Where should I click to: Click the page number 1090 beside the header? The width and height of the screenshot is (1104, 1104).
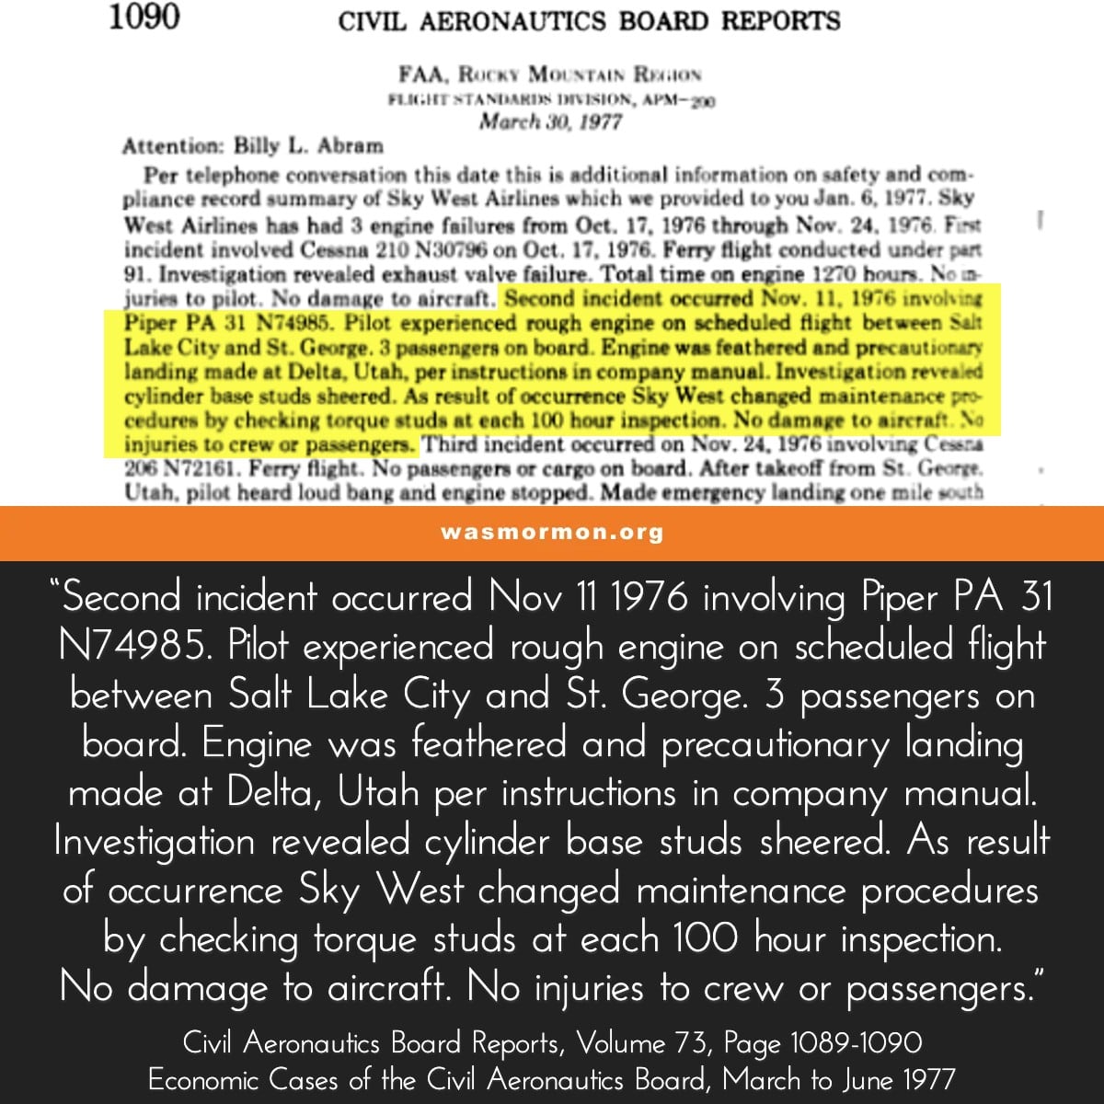[144, 17]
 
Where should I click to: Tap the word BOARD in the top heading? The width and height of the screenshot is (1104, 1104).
[664, 21]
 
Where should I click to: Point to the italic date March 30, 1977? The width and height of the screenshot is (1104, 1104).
[550, 122]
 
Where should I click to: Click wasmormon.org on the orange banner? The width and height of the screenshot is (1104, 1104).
[552, 533]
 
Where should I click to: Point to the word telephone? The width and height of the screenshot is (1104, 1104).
[225, 175]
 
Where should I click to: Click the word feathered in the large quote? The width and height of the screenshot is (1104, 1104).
[488, 742]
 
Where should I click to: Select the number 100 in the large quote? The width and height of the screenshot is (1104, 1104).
[705, 939]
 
